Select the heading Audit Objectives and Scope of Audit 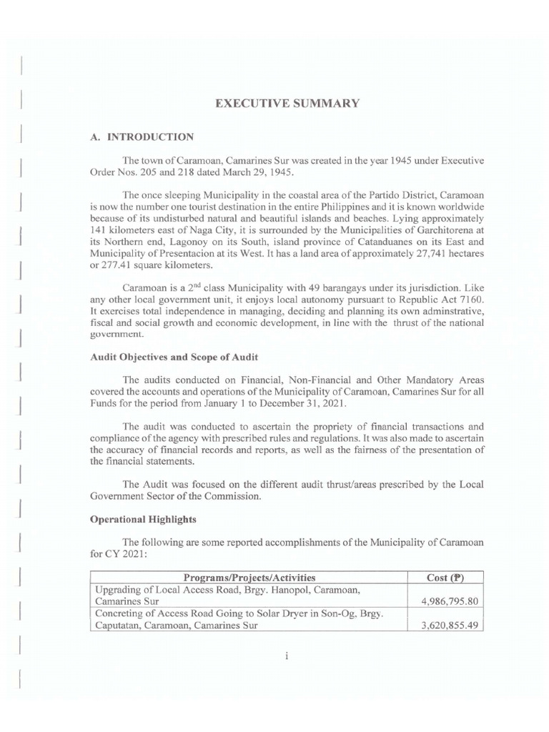click(x=169, y=357)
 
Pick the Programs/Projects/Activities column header click(x=249, y=577)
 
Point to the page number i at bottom click(x=285, y=657)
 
